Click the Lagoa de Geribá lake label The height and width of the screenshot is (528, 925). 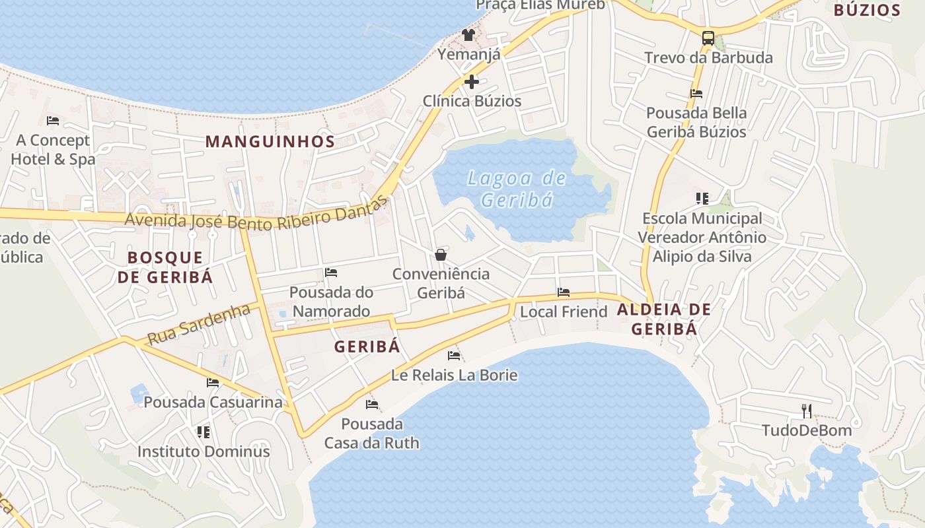coord(517,189)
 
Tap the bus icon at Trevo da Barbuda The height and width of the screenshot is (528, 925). coord(708,38)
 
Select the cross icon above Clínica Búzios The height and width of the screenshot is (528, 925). coord(472,82)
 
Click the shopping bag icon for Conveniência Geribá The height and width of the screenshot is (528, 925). coord(441,255)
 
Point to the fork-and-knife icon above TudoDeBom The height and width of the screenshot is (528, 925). coord(806,411)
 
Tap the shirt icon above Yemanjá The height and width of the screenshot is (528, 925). coord(468,35)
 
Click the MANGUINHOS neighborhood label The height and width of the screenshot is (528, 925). coord(270,141)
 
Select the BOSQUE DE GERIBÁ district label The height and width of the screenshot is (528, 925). coord(165,267)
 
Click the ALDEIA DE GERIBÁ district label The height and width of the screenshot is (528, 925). coord(664,319)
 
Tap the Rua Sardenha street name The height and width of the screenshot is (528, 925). coord(199,324)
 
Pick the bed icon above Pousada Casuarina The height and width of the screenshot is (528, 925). coord(213,382)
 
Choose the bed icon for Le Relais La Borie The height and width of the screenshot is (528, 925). coord(454,356)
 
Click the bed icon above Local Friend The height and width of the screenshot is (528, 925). coord(564,292)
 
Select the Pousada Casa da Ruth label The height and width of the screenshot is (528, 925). coord(372,433)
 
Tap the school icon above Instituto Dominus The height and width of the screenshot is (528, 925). coord(203,432)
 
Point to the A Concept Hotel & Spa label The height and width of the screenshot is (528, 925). coord(53,150)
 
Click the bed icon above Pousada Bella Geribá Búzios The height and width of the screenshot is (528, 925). coord(696,94)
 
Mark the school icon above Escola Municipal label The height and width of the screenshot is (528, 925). coord(702,198)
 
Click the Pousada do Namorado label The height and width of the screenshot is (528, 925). coord(331,302)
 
